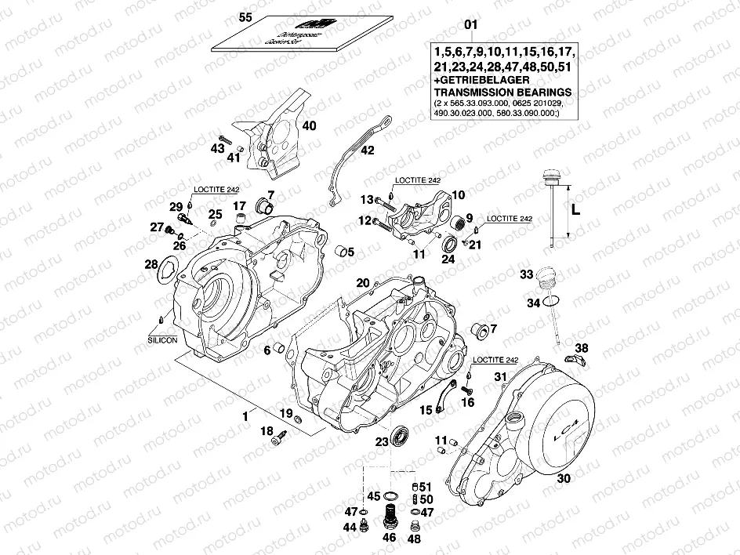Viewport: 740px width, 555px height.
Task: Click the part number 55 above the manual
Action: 245,16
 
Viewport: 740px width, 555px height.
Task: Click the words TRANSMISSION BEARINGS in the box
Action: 502,92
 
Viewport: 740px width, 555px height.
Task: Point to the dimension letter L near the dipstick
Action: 575,209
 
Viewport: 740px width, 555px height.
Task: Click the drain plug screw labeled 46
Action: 387,518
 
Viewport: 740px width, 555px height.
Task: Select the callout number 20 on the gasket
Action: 362,283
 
